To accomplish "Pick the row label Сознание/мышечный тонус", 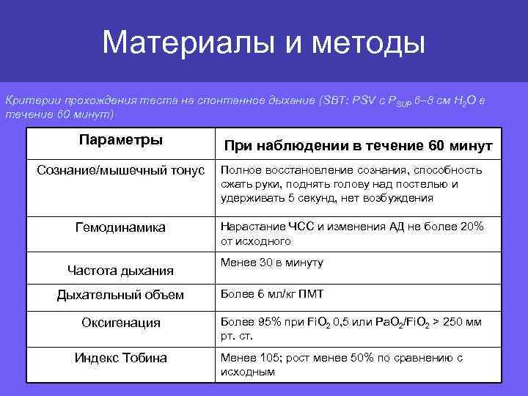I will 121,171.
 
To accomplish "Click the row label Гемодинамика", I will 121,228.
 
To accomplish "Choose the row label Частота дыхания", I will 121,271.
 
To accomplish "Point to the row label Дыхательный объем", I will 121,296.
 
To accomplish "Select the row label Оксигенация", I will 121,323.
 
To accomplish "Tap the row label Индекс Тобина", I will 121,358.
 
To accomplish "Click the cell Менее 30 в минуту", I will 272,263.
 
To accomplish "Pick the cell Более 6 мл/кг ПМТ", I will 272,294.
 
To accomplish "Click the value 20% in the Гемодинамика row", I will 469,227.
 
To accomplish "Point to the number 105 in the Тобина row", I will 273,358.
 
